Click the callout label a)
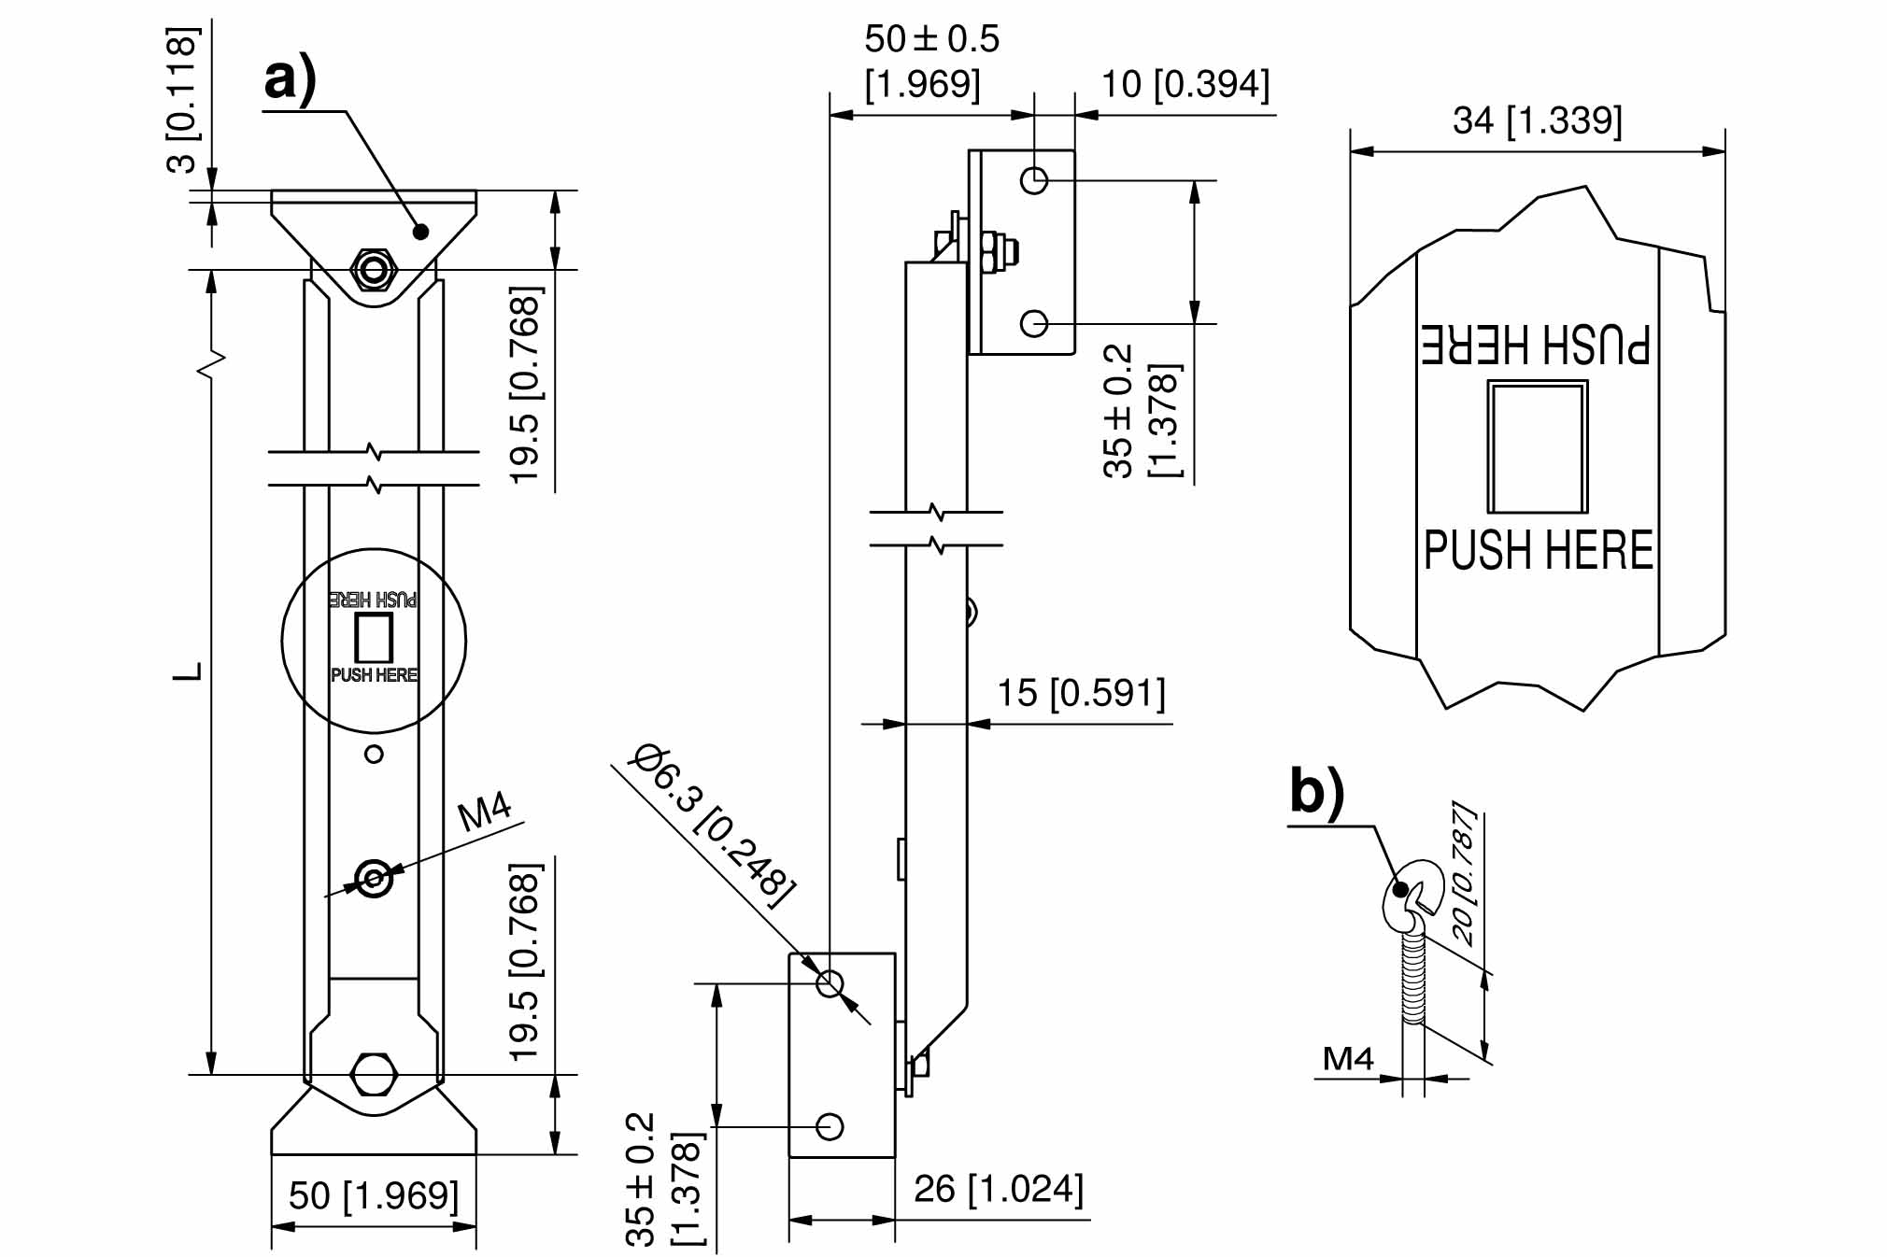point(291,80)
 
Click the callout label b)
point(1316,792)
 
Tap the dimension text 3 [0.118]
point(182,101)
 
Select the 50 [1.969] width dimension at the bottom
point(374,1196)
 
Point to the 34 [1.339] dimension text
point(1538,120)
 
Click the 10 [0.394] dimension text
point(1185,84)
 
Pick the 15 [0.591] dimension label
point(1082,693)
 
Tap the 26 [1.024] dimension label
point(999,1189)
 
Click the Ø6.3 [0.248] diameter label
point(715,825)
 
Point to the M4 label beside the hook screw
point(1348,1059)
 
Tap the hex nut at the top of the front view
point(374,271)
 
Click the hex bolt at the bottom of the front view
point(374,1075)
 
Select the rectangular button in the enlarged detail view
point(1537,446)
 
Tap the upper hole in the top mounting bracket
point(1034,180)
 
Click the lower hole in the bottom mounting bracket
point(830,1127)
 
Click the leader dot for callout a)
point(420,231)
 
